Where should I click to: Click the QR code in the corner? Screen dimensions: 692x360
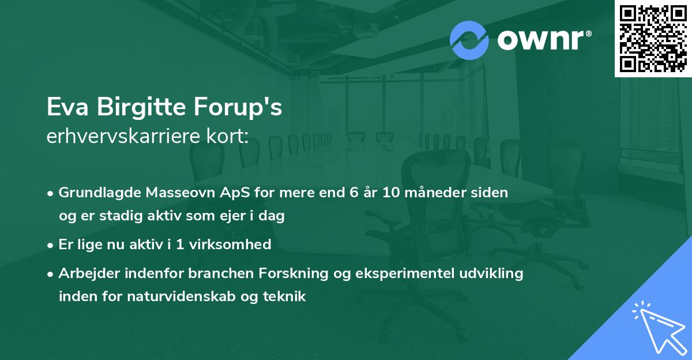pos(653,38)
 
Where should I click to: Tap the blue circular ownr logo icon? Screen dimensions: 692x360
pos(469,40)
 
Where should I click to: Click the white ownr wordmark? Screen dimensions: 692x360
pos(544,40)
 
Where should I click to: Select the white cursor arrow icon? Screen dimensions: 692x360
pos(659,328)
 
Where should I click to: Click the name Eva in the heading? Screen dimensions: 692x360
pos(67,107)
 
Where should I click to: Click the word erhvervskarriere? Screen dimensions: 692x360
pos(123,136)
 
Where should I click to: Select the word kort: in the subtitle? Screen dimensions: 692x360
pos(228,136)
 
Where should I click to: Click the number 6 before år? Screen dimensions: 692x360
pos(354,193)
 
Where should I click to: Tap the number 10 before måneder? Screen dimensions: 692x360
pos(391,193)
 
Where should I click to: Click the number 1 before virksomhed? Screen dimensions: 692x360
pos(180,245)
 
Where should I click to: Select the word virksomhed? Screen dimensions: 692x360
pos(230,245)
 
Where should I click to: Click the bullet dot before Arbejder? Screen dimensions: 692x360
pos(50,274)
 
